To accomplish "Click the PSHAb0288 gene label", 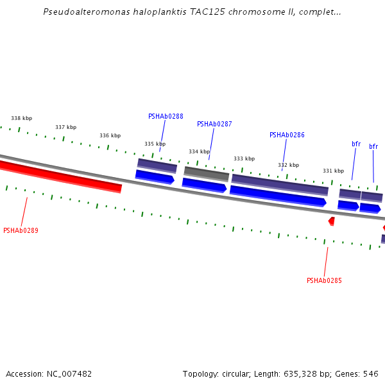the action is (x=166, y=116).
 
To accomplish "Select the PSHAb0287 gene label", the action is (x=214, y=124).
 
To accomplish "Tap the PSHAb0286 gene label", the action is (x=287, y=135).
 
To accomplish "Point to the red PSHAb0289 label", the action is (x=21, y=230).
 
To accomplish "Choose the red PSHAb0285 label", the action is (x=324, y=280).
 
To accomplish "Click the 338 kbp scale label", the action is (x=21, y=118).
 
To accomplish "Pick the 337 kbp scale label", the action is (x=65, y=127).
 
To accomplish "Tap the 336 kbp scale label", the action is (x=110, y=135).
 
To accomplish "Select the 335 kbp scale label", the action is (x=155, y=144).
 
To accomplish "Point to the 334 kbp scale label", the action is (x=199, y=151).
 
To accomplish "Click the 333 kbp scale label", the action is (x=244, y=158).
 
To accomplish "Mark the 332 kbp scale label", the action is (x=288, y=165).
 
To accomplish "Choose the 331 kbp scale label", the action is (x=333, y=171).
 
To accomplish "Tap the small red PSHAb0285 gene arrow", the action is (x=332, y=221).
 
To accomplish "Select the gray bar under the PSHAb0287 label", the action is (x=207, y=173).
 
